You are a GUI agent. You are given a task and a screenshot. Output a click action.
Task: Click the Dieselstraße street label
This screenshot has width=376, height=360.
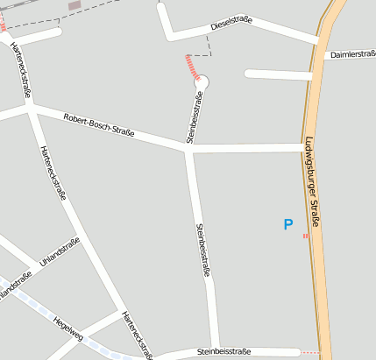click(232, 25)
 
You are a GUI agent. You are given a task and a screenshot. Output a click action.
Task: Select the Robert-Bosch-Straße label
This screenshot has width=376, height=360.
click(98, 125)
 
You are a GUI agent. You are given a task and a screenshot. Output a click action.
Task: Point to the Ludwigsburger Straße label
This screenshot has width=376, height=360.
click(312, 184)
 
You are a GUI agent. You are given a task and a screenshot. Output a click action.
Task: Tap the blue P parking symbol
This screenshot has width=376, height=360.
click(287, 225)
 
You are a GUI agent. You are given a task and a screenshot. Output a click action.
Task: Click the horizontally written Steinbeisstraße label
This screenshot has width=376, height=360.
click(223, 351)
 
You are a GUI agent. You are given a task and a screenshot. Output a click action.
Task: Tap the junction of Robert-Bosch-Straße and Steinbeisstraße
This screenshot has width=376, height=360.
click(188, 151)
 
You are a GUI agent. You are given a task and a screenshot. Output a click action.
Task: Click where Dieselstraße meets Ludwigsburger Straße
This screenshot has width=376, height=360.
click(317, 40)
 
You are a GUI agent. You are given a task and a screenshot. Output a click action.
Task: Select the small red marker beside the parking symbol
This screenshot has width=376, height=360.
click(305, 235)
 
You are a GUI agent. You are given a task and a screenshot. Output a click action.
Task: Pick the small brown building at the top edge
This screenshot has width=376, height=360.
click(74, 5)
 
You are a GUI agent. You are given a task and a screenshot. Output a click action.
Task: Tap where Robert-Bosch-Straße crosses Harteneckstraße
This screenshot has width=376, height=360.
click(32, 108)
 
